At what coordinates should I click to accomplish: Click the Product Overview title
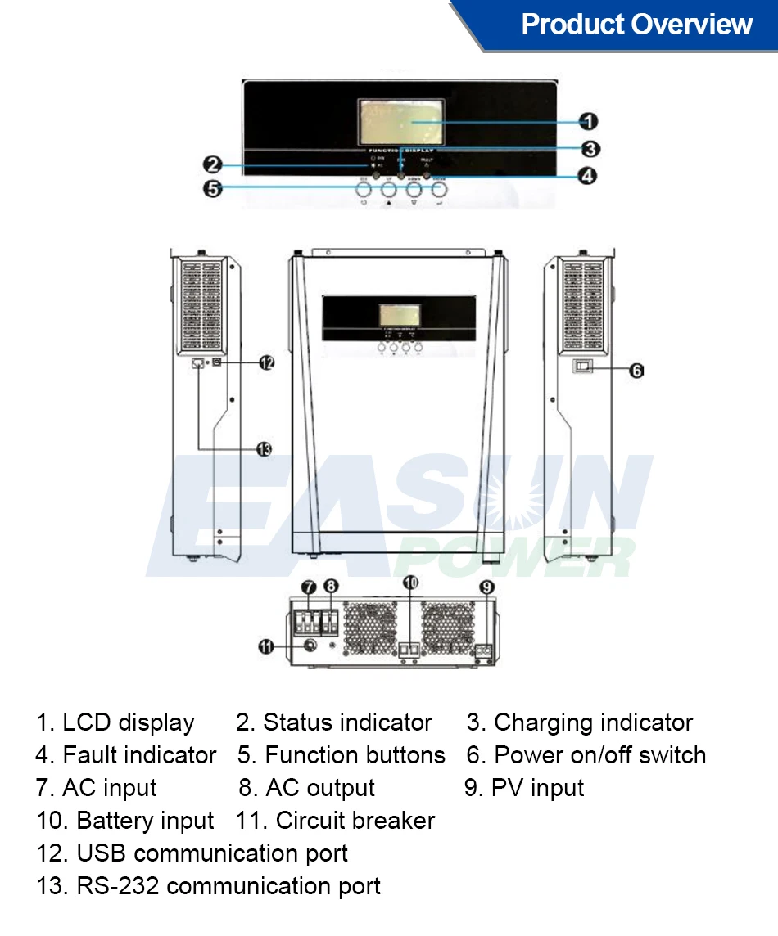pos(636,25)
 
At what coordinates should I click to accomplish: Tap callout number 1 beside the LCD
pos(588,121)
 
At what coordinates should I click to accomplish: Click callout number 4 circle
pos(587,176)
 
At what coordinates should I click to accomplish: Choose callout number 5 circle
pos(212,189)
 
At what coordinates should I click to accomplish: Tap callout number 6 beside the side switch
pos(636,371)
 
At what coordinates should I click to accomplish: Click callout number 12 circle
pos(266,362)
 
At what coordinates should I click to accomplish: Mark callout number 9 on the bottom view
pos(486,586)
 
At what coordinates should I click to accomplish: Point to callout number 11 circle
pos(265,646)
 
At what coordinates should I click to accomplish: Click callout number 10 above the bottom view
pos(411,583)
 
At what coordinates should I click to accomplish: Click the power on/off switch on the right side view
pos(581,368)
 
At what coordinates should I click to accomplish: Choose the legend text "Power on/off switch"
pos(600,755)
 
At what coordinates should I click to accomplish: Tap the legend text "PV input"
pos(537,788)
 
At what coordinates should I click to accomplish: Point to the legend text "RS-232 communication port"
pos(228,886)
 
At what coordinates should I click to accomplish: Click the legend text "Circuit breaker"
pos(355,821)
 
